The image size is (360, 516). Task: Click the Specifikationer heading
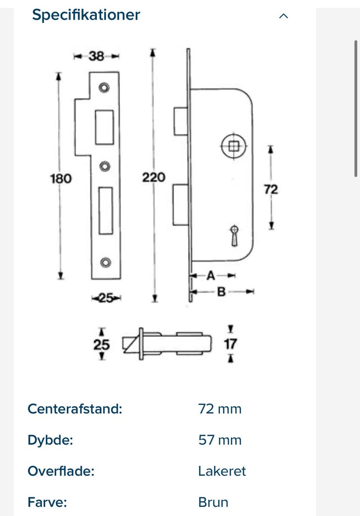(x=86, y=15)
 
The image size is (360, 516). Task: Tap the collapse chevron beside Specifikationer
(x=283, y=16)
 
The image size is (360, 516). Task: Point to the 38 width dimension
(x=96, y=56)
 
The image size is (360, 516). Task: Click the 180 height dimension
(x=61, y=178)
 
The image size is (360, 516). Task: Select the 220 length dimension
(x=153, y=177)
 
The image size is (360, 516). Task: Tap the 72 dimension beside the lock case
(x=271, y=189)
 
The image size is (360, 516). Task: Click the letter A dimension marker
(x=211, y=276)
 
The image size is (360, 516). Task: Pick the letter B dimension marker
(x=221, y=292)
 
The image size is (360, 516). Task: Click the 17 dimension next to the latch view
(x=230, y=344)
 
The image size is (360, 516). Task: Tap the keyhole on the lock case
(x=234, y=235)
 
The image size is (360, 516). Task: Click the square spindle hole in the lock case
(x=234, y=146)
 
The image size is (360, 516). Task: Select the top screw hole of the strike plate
(x=104, y=88)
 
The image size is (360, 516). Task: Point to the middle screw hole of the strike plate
(x=105, y=166)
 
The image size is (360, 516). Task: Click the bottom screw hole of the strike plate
(x=106, y=262)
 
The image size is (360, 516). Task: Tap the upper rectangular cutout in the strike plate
(x=104, y=127)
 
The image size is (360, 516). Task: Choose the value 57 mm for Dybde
(x=220, y=440)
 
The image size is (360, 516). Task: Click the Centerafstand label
(x=75, y=409)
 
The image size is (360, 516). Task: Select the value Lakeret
(x=222, y=471)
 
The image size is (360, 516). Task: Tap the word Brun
(x=213, y=502)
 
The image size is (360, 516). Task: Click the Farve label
(x=47, y=502)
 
